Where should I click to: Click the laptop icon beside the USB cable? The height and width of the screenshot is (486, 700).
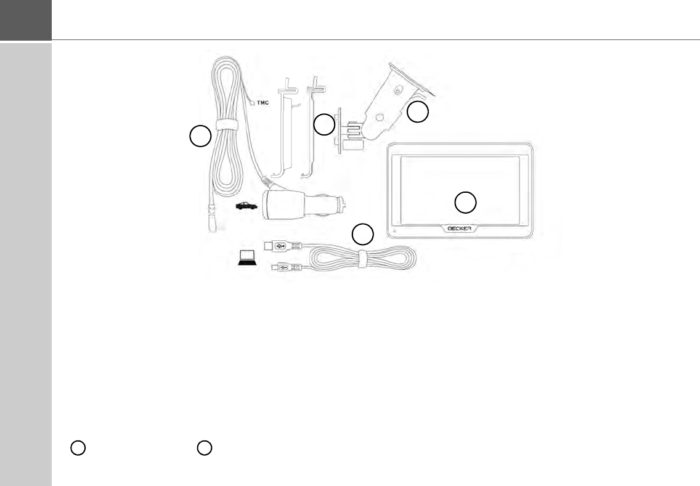[x=248, y=259]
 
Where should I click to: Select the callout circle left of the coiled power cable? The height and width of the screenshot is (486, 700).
[x=200, y=136]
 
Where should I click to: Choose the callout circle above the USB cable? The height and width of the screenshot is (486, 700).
[x=363, y=234]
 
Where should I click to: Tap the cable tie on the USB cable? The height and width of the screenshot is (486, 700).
[x=364, y=258]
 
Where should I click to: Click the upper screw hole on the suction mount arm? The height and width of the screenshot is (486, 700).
[x=398, y=91]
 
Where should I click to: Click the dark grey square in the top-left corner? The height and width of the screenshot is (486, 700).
[x=26, y=20]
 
